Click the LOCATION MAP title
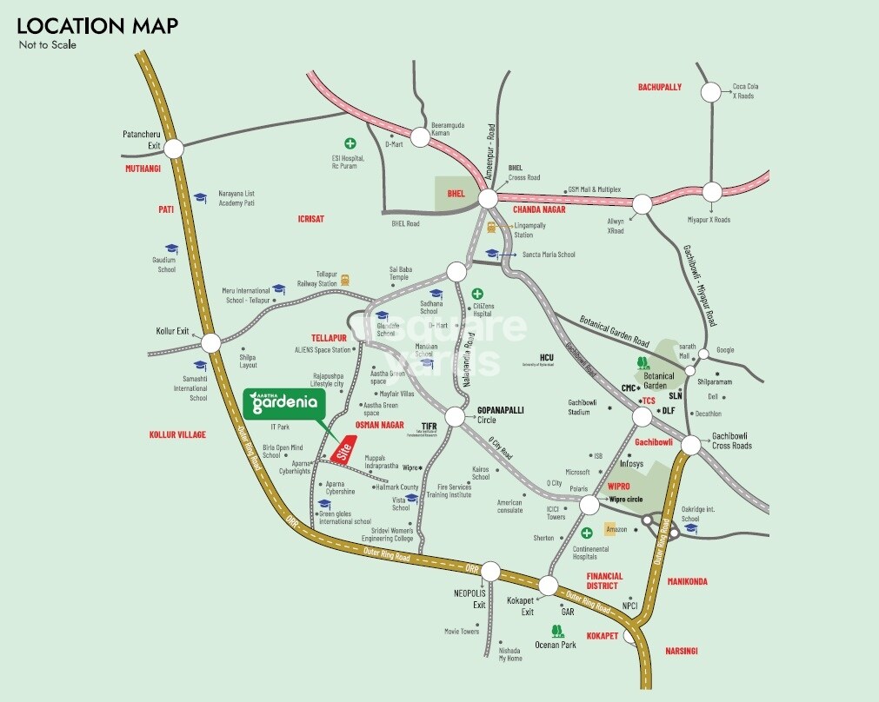coord(97,26)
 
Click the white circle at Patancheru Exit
coord(174,149)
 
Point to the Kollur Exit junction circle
coord(210,341)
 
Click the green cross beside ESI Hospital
coord(350,142)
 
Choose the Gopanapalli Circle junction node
coord(455,417)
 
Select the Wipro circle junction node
coord(589,505)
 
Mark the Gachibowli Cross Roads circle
coord(691,445)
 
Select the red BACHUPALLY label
coord(660,87)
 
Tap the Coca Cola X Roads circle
coord(712,91)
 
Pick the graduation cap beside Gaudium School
coord(171,248)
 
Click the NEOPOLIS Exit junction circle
coord(490,572)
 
